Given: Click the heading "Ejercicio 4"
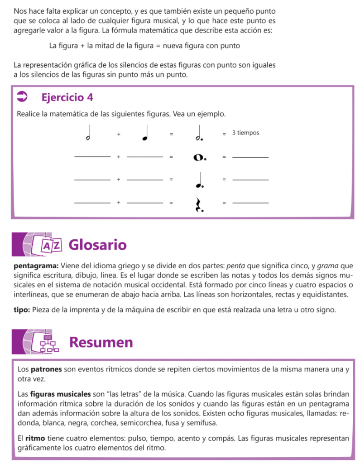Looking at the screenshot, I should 67,97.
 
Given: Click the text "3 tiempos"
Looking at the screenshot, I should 245,133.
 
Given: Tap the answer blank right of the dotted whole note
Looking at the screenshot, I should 250,157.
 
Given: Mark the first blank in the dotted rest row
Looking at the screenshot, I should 92,202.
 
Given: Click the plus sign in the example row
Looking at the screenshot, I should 118,135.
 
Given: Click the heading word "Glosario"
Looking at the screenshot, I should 97,245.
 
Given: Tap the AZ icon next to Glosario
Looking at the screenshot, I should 50,246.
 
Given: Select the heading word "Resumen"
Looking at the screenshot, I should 101,342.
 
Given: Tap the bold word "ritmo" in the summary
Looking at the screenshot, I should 34,439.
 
